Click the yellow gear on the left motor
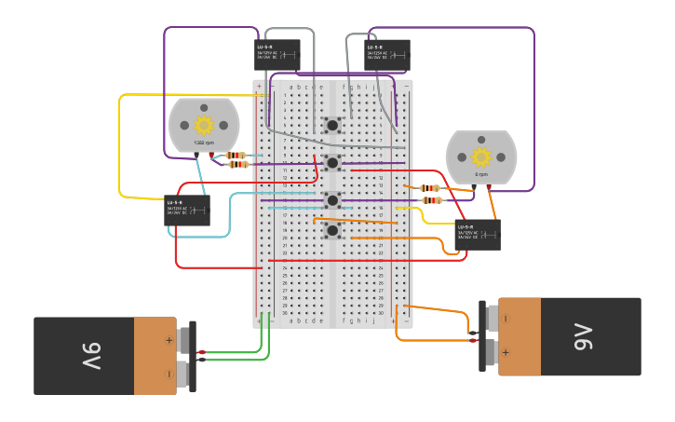[x=204, y=125]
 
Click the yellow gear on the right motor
[x=480, y=157]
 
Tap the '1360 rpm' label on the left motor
[x=204, y=143]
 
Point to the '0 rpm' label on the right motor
[x=480, y=174]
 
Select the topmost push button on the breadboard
[x=332, y=124]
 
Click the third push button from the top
[x=332, y=199]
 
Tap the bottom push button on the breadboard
[x=332, y=230]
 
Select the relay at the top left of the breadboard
[x=277, y=54]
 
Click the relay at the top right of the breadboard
[x=386, y=54]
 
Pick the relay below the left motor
[x=187, y=210]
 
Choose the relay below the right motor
[x=478, y=234]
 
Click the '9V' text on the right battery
[x=585, y=336]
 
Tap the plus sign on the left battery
[x=169, y=340]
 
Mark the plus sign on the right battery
[x=506, y=352]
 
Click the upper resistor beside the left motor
[x=236, y=156]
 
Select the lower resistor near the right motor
[x=431, y=200]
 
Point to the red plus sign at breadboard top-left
[x=259, y=87]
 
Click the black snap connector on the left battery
[x=192, y=356]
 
